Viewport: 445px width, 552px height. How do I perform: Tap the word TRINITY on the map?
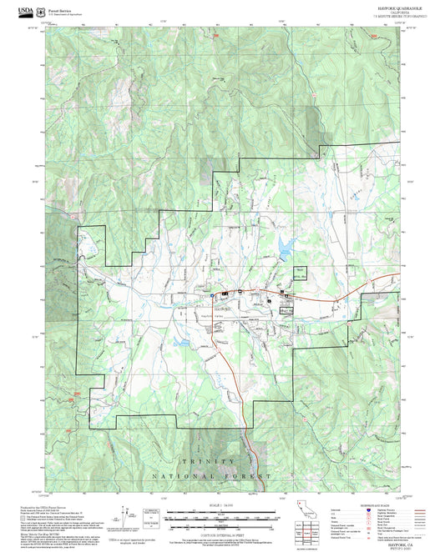(x=205, y=461)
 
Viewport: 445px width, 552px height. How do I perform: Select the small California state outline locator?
(x=301, y=509)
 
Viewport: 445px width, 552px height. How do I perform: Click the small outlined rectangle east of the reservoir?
(x=299, y=272)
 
